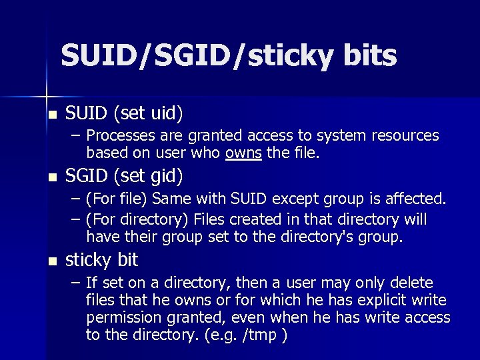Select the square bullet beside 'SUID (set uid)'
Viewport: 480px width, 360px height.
(53, 114)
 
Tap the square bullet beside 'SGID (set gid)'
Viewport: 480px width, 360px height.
(53, 177)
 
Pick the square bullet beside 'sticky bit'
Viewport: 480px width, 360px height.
(53, 260)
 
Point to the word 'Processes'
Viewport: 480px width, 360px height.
(119, 136)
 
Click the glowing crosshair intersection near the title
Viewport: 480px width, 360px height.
(46, 90)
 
